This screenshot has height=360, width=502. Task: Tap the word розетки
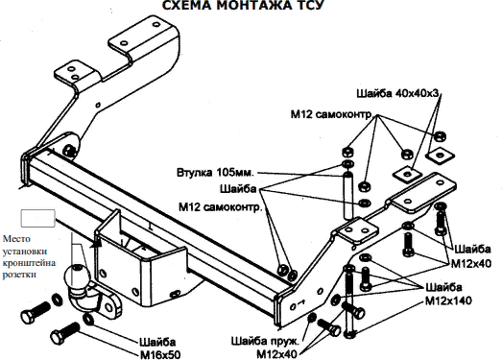pyautogui.click(x=19, y=275)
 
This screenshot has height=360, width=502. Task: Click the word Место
pyautogui.click(x=16, y=239)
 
